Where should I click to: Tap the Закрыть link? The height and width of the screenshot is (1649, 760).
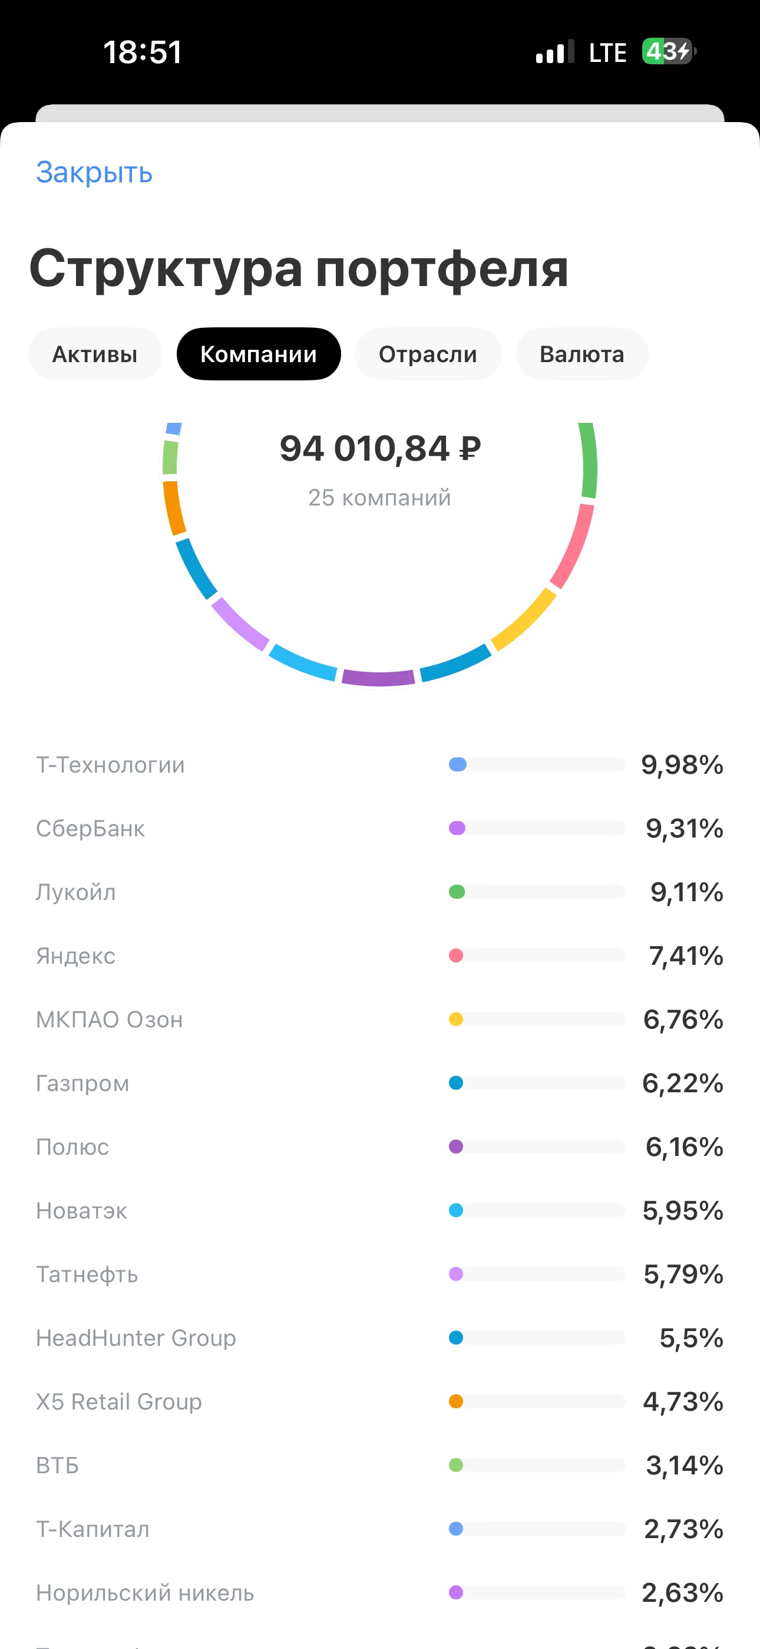94,173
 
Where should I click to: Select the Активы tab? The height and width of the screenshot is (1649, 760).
95,354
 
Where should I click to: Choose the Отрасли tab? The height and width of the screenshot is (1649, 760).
428,354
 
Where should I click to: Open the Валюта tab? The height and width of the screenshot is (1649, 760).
582,354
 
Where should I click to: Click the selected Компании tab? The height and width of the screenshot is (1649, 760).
259,354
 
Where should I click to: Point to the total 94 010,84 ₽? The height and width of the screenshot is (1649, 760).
380,448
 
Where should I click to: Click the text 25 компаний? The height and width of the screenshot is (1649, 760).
379,497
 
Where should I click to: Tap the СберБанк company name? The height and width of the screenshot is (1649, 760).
90,829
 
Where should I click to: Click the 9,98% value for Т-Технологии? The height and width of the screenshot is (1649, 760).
682,764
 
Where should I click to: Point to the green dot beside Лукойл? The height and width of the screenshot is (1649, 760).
457,892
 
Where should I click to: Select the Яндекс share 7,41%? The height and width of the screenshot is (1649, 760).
686,956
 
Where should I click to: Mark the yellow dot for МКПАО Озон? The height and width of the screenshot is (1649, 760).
456,1019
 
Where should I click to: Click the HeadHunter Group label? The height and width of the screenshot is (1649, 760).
136,1338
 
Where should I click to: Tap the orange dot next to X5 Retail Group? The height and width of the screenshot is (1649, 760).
456,1401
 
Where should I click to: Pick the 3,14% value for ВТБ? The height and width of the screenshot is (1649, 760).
685,1464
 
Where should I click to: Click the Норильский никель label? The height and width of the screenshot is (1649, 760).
144,1592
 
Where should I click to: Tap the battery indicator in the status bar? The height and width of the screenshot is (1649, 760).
669,51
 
